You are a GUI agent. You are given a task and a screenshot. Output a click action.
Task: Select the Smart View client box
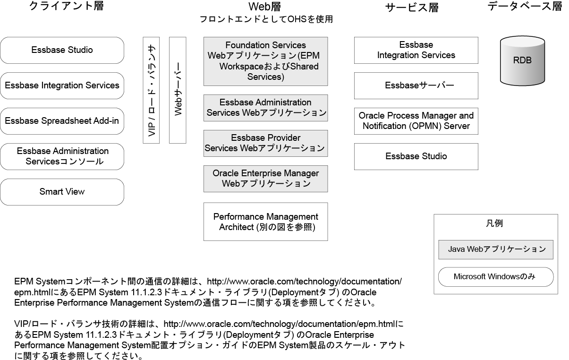click(x=62, y=192)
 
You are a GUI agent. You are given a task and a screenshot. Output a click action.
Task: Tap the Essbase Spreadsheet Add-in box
click(x=62, y=121)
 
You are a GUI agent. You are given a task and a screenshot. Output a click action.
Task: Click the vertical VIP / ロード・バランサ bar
click(x=152, y=90)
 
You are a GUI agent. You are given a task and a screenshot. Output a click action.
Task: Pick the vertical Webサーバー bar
click(x=178, y=90)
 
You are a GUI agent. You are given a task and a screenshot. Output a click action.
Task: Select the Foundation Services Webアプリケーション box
click(x=265, y=61)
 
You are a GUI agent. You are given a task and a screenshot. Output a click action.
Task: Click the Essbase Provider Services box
click(x=265, y=143)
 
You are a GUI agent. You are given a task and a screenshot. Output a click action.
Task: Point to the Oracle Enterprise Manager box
click(x=265, y=179)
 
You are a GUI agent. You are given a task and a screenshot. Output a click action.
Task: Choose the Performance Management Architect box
click(x=265, y=222)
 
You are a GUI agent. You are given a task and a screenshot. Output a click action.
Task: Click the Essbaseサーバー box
click(x=416, y=86)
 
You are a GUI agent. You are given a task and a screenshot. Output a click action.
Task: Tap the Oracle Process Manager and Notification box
click(x=416, y=121)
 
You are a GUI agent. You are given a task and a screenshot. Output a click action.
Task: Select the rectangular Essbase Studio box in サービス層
click(x=416, y=156)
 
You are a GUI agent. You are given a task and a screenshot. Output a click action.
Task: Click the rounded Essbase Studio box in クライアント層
click(x=62, y=50)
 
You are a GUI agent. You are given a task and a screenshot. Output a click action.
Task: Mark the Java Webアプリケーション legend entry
click(x=496, y=249)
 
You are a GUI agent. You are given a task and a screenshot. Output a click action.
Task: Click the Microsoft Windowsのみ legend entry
click(x=496, y=277)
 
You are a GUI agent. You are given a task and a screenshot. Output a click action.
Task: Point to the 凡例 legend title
click(x=495, y=224)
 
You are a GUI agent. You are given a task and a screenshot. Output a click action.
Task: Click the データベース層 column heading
click(x=525, y=7)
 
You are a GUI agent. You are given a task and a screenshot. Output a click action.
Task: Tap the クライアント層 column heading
click(x=66, y=7)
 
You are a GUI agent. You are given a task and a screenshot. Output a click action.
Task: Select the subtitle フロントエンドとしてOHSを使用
click(x=266, y=19)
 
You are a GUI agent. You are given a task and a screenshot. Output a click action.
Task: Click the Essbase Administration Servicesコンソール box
click(x=62, y=156)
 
